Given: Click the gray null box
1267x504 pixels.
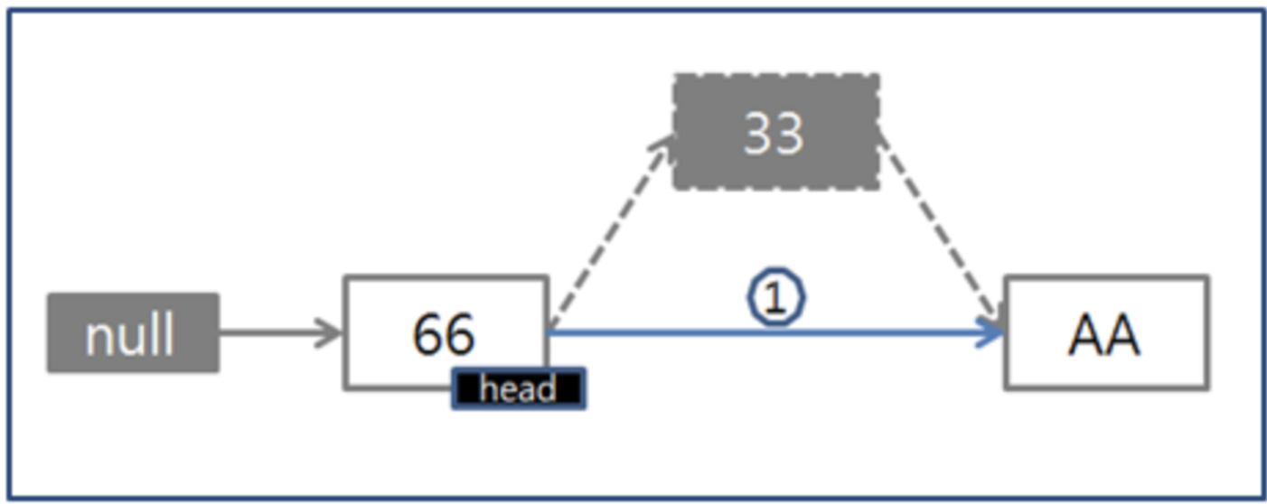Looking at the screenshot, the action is coord(133,332).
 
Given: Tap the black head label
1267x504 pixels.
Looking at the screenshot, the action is coord(518,389).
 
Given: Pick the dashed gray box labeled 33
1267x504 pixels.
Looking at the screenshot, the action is coord(775,132).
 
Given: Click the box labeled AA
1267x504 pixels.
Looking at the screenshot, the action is coord(1105,332).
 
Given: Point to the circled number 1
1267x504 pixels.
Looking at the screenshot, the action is coord(776,299).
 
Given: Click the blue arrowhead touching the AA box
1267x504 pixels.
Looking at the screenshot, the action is coord(992,332).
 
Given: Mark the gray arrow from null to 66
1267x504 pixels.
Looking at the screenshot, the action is coord(271,332).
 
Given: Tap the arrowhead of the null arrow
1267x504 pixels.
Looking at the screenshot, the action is coord(330,332).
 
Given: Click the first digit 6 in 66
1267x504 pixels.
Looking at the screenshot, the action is coord(428,334).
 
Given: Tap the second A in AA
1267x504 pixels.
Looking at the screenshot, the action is coord(1122,334).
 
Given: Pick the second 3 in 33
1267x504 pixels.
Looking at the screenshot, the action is coord(789,133).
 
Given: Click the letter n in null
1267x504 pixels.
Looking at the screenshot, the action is coord(98,336).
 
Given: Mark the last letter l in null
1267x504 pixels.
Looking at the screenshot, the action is coord(169,332).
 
